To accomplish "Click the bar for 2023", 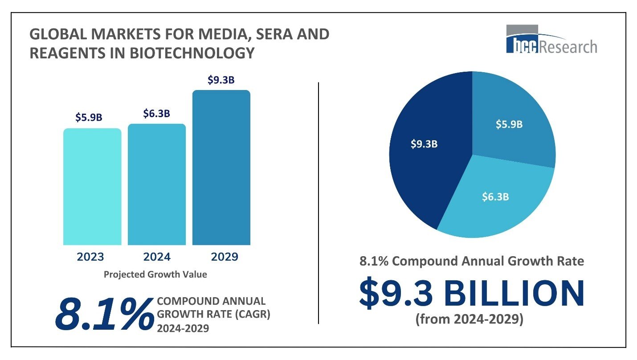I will tap(92, 187).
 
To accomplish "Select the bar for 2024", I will tap(157, 184).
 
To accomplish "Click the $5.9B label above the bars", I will tap(89, 118).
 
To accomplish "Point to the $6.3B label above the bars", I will tap(156, 114).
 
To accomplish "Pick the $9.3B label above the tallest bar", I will tap(221, 80).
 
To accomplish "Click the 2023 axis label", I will tap(90, 257).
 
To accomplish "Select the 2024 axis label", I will tap(157, 257).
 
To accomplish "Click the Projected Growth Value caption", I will tap(155, 274).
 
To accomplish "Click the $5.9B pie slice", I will tap(512, 120).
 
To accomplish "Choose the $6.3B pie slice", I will tap(494, 196).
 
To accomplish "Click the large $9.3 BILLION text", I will tap(472, 294).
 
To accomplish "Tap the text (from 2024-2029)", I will tap(469, 320).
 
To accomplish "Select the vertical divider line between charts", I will tap(319, 203).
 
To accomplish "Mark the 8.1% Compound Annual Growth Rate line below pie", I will tap(472, 261).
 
